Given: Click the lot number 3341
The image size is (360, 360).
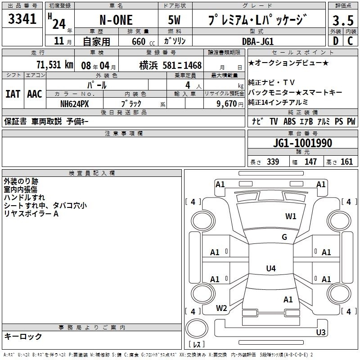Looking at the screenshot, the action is [x=22, y=19].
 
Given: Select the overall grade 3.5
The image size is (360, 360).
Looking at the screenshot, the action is [x=343, y=20].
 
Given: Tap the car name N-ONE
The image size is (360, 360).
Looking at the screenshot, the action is [x=116, y=20].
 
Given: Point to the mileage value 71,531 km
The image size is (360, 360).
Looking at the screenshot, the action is [x=55, y=65].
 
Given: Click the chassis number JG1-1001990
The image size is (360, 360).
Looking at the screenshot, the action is [x=302, y=143].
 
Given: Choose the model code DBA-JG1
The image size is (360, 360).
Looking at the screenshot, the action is [x=258, y=41].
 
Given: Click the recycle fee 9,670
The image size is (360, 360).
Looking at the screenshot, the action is [x=227, y=104].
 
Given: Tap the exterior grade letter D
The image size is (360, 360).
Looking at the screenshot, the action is [x=336, y=41].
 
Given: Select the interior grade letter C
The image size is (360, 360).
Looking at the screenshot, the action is [x=350, y=41].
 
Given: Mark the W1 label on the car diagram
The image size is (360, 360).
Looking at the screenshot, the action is [x=291, y=216].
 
